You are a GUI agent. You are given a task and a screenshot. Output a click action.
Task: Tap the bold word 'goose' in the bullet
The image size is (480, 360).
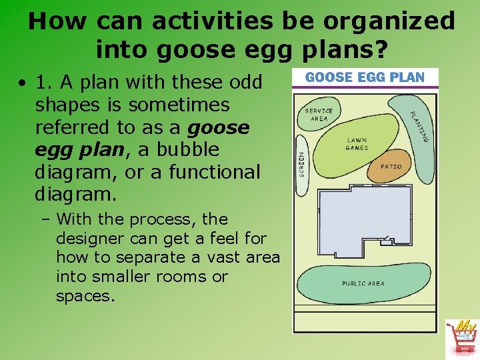coord(219,127)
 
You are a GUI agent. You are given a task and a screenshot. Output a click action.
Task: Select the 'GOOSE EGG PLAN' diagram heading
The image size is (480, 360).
coord(365,77)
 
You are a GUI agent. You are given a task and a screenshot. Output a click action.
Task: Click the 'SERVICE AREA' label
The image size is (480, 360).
coord(319,115)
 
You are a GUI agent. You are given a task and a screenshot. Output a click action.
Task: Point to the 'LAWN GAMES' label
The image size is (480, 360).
coord(357,144)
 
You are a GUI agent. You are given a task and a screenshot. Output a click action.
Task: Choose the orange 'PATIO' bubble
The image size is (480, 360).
coord(391,166)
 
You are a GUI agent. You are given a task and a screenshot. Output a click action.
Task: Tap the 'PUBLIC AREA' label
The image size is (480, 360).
coord(363,283)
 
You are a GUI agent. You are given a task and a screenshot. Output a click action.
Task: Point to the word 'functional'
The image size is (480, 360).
coord(214,172)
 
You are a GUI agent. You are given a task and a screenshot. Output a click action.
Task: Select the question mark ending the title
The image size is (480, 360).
coord(382,49)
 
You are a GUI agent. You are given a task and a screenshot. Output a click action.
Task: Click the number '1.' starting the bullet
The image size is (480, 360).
coord(44,82)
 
